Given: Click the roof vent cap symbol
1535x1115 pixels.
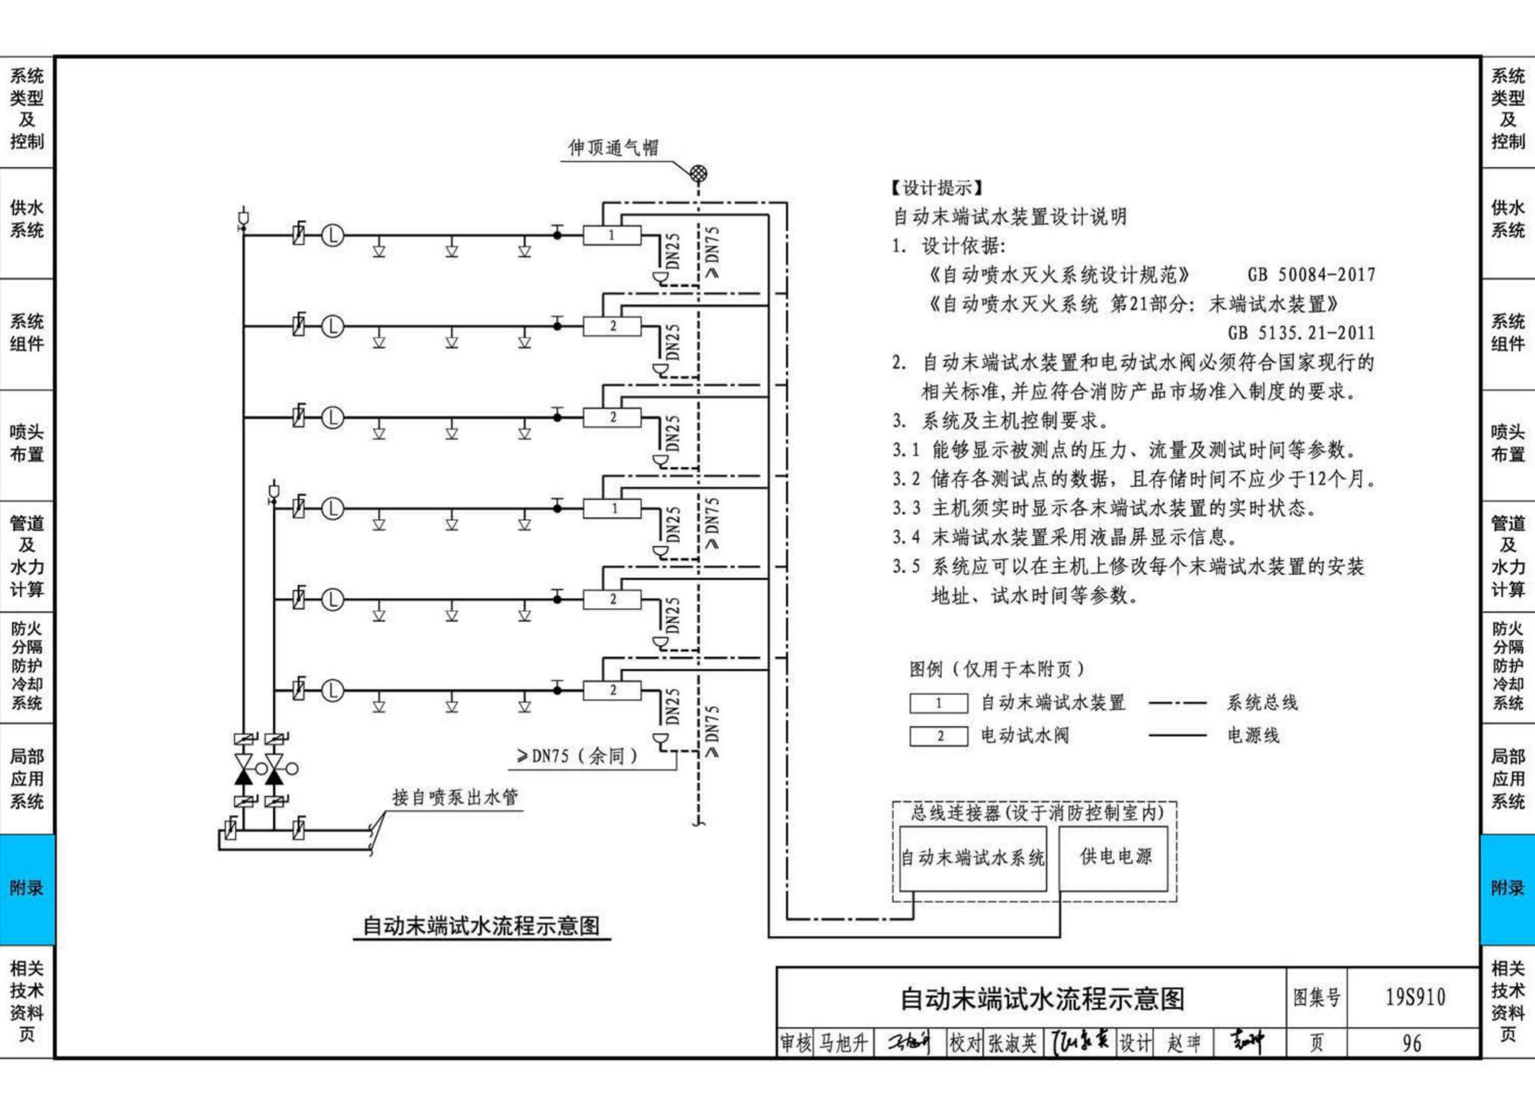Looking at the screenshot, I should click(698, 173).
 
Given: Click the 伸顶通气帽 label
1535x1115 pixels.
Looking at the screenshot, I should click(613, 148).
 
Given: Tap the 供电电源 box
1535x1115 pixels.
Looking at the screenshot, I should click(1115, 856).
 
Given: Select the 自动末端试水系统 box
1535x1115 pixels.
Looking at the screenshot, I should click(972, 857).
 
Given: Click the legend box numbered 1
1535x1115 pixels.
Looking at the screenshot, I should click(938, 703).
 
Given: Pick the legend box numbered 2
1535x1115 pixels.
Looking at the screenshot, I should click(938, 736).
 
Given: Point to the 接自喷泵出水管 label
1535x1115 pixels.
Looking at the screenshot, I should click(455, 797).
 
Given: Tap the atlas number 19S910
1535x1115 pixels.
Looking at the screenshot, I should click(1415, 997).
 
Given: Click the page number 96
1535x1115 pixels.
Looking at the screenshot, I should click(1412, 1043).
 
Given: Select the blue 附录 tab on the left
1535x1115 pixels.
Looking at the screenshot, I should click(27, 888).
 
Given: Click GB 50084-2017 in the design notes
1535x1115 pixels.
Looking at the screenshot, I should click(1311, 275).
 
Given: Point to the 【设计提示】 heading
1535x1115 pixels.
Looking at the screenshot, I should click(937, 188).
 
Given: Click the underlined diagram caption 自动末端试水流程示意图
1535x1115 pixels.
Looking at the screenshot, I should click(481, 926).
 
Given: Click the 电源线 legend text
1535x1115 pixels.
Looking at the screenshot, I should click(1253, 736).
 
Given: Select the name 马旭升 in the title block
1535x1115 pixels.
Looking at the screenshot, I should click(843, 1043).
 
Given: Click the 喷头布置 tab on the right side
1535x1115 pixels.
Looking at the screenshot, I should click(1507, 443).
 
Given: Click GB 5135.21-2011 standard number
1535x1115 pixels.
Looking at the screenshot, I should click(1301, 333).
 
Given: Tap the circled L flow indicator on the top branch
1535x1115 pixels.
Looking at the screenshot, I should click(332, 235).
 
